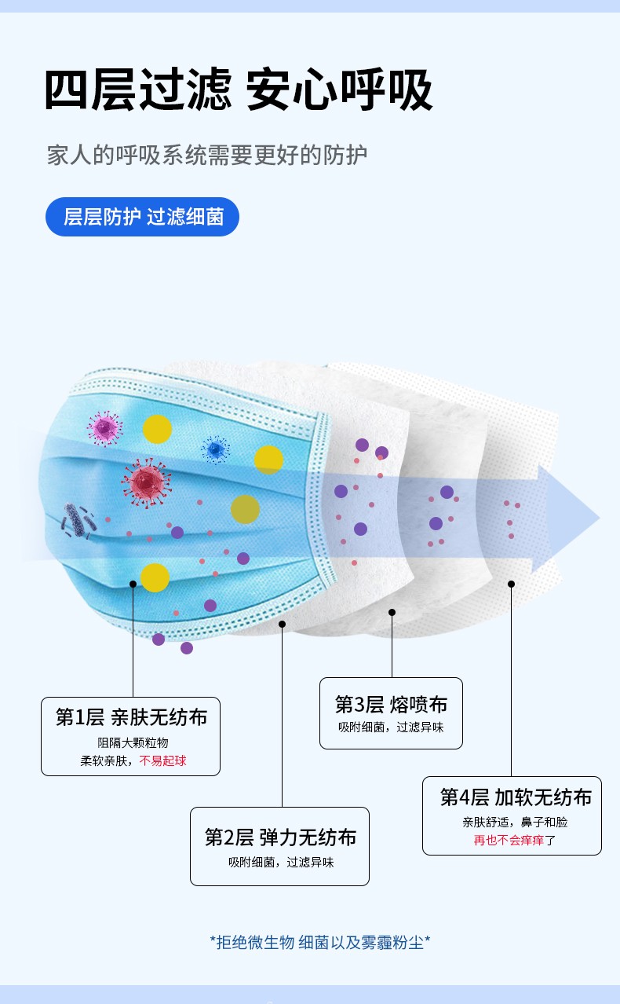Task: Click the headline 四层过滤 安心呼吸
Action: (238, 90)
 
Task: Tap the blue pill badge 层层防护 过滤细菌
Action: (142, 217)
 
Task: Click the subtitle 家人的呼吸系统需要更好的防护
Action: (207, 155)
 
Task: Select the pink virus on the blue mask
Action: (104, 427)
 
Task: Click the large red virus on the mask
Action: (146, 481)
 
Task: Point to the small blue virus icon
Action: (213, 449)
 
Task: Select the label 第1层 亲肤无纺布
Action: (131, 716)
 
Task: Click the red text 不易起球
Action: (162, 760)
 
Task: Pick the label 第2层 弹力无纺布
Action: (280, 837)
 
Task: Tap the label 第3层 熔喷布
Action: (391, 704)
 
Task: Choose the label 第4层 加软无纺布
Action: (515, 797)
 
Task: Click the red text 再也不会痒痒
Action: (509, 841)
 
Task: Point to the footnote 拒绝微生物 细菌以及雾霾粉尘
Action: (320, 942)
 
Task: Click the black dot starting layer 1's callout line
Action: (133, 584)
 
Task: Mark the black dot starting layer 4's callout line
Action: (511, 584)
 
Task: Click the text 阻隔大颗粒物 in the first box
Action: (133, 742)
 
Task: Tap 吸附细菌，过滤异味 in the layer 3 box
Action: (391, 727)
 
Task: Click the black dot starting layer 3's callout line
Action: (392, 612)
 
